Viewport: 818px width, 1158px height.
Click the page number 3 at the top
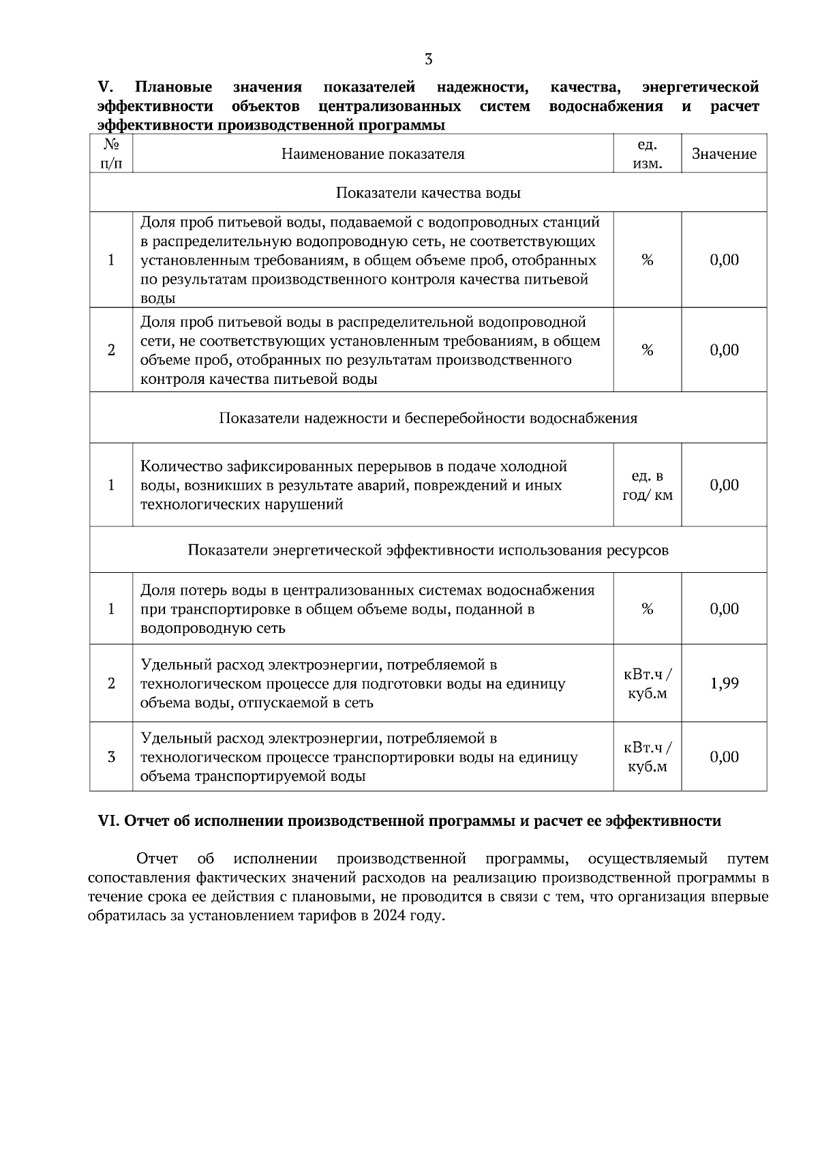pos(428,59)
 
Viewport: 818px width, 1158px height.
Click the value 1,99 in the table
pos(724,683)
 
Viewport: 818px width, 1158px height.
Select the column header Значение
pos(724,154)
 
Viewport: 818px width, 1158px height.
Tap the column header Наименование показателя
pos(373,154)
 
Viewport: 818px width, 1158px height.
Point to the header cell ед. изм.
pos(647,154)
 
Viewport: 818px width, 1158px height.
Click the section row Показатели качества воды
pos(428,193)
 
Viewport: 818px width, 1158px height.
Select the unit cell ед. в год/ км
pos(647,486)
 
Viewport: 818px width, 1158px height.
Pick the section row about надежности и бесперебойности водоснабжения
pos(428,418)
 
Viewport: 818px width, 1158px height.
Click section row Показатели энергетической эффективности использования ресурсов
pos(428,550)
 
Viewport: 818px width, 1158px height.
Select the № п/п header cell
pos(111,154)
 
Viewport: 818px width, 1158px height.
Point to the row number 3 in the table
pos(111,757)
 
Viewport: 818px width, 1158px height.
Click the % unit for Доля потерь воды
pos(647,609)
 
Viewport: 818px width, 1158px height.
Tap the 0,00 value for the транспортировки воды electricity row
pos(724,757)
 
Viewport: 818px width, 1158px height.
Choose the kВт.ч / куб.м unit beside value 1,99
pos(647,684)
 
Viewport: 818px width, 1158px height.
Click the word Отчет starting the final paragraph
pos(157,859)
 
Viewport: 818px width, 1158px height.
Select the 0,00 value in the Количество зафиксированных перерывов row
pos(724,486)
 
